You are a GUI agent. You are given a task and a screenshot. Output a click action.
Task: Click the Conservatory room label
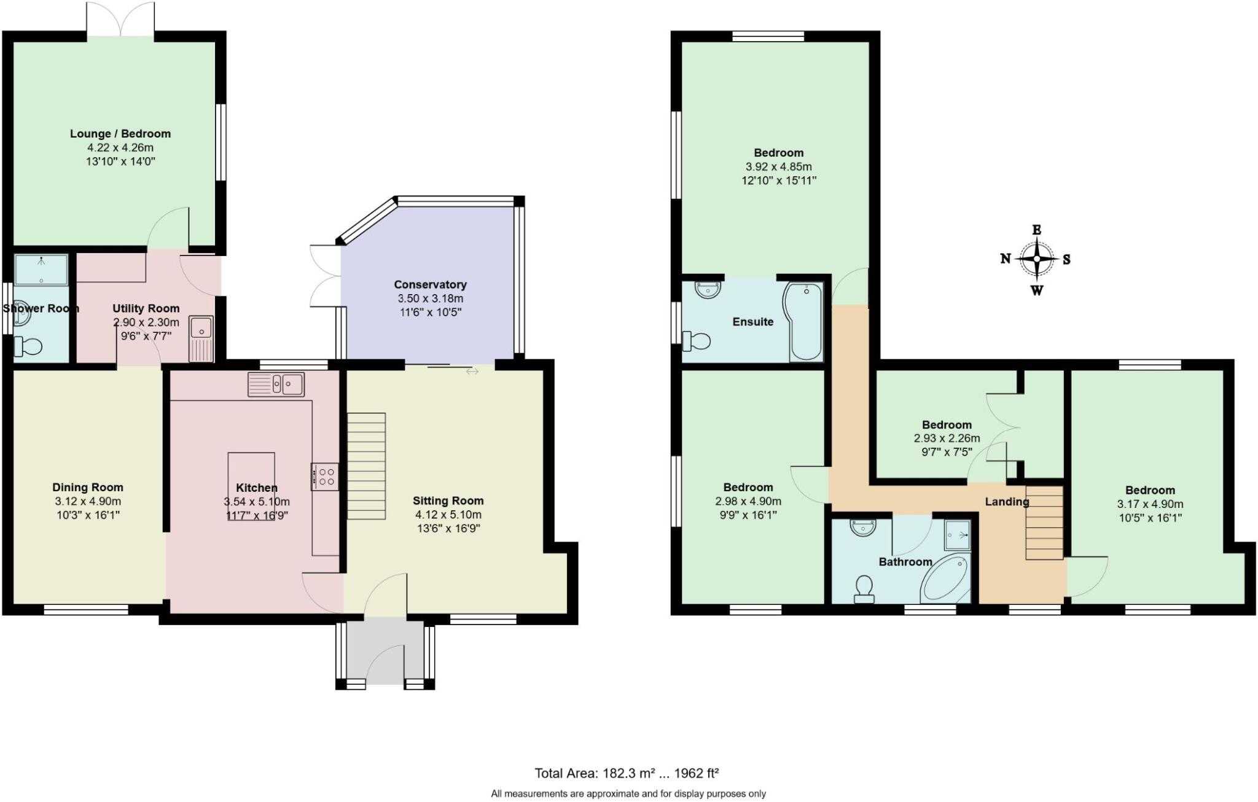[430, 284]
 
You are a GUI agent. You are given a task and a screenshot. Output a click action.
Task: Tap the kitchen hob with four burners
[325, 477]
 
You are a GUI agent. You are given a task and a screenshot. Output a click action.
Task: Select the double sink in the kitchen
[276, 384]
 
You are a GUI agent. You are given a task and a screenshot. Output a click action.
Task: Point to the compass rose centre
[1037, 259]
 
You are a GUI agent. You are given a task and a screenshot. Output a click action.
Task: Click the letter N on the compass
[1006, 259]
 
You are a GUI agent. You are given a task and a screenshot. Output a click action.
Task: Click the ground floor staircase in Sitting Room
[367, 466]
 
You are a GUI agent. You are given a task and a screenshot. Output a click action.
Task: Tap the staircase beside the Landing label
[1044, 523]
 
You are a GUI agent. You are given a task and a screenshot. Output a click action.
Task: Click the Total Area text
[627, 773]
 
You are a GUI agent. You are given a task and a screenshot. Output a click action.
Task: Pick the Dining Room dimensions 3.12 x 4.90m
[88, 501]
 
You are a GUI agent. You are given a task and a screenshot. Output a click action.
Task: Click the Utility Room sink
[201, 338]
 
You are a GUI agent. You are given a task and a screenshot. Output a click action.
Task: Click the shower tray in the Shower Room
[41, 270]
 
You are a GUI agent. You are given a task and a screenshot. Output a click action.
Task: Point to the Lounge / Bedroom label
[120, 134]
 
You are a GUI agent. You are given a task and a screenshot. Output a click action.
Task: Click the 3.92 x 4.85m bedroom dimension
[778, 166]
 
